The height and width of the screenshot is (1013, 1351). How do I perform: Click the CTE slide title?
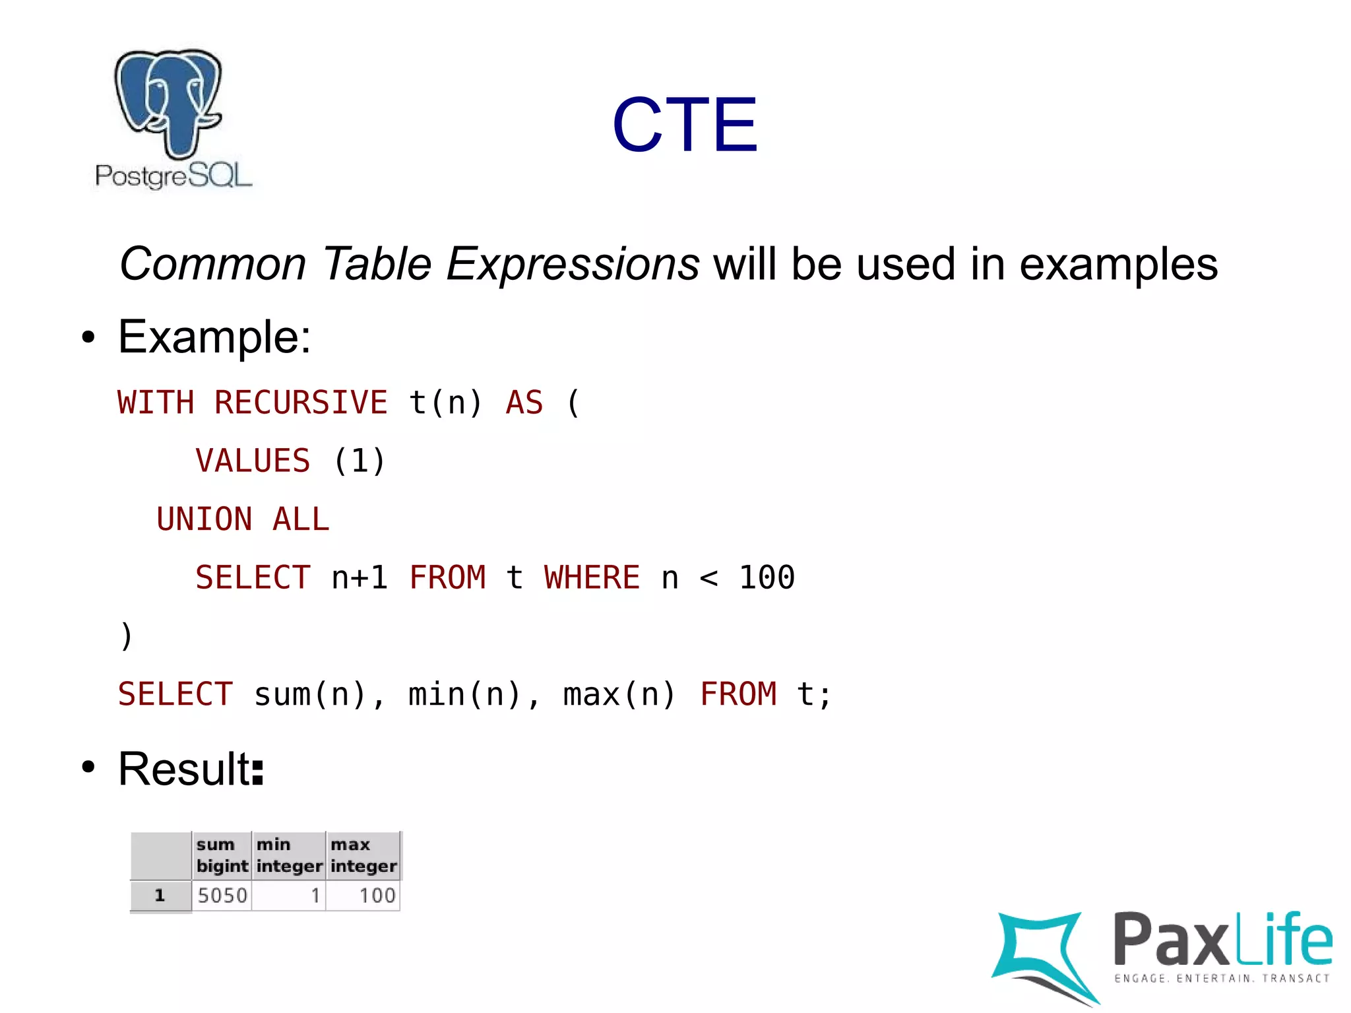point(684,125)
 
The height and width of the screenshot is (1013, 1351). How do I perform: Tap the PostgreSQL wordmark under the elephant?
point(173,176)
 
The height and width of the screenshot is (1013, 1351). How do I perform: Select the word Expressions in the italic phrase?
point(573,264)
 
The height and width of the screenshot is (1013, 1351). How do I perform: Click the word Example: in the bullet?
point(214,337)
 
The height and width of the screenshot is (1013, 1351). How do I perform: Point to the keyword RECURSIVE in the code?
point(301,403)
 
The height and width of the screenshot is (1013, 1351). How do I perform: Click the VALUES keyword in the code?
point(253,461)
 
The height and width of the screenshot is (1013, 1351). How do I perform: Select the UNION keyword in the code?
point(204,519)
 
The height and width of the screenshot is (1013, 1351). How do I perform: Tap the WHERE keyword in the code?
point(592,577)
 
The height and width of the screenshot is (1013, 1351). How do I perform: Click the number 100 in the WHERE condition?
point(767,577)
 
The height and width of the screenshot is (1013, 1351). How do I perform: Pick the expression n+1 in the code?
point(360,577)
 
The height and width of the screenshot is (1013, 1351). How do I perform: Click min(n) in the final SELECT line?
point(465,694)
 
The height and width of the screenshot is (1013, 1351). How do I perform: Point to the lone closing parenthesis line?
point(126,636)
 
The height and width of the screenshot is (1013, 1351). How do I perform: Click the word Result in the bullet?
point(184,769)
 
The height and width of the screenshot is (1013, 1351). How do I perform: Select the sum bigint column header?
point(222,855)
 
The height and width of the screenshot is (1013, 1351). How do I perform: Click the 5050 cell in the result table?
point(222,896)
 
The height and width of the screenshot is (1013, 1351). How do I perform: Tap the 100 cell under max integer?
point(377,896)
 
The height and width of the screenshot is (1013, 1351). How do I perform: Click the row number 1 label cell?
point(160,896)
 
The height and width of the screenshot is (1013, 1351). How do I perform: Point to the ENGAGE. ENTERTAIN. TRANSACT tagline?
point(1222,979)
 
